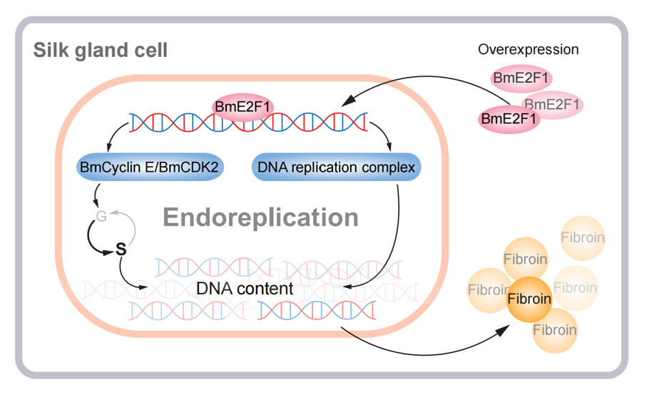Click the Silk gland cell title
(x=101, y=51)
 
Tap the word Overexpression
(x=528, y=49)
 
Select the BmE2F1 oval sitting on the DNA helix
(x=243, y=108)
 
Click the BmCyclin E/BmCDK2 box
(x=150, y=168)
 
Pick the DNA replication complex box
(x=336, y=168)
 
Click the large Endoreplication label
(x=260, y=217)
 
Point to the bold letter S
(x=121, y=250)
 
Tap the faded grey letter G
(x=101, y=216)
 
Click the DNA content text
(x=245, y=288)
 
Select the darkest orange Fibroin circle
(x=528, y=298)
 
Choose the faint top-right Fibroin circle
(x=582, y=238)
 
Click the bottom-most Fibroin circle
(x=554, y=330)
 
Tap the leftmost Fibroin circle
(x=488, y=290)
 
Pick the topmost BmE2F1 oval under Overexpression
(x=521, y=78)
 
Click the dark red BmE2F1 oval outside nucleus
(x=509, y=118)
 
